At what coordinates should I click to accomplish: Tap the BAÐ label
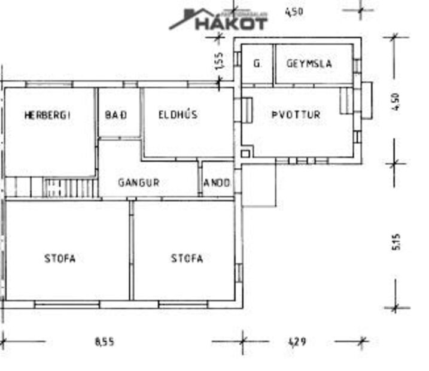point(115,114)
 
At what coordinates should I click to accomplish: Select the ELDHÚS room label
point(178,114)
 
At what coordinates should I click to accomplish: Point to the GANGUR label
point(138,182)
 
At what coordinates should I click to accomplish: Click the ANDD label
point(217,183)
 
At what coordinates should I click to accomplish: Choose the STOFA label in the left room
point(60,259)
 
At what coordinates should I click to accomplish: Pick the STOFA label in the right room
point(187,259)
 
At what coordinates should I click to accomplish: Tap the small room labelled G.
point(257,63)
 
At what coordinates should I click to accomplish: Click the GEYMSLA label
point(309,63)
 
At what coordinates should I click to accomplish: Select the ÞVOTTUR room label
point(296,114)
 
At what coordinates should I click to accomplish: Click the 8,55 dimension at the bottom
point(104,342)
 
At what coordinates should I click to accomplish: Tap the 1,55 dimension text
point(220,61)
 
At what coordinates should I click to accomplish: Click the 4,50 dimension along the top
point(294,11)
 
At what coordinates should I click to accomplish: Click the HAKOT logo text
point(231,23)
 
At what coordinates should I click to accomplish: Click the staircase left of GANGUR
point(69,188)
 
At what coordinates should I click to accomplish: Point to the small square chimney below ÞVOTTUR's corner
point(244,154)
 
